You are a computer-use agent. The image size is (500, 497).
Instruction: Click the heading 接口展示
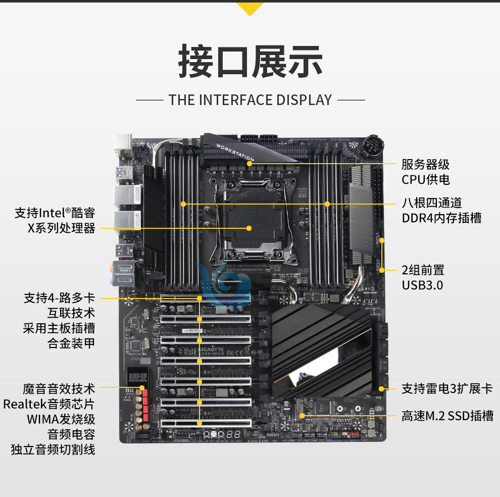(250, 62)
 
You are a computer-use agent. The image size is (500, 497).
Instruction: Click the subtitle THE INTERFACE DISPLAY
(250, 100)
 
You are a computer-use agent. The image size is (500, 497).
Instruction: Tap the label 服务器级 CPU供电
(425, 172)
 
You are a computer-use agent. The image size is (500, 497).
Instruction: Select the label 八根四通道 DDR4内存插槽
(441, 211)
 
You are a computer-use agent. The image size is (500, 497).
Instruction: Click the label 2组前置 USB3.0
(423, 277)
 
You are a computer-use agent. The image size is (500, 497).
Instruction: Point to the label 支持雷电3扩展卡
(446, 388)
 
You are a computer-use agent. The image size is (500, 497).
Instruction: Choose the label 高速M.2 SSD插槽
(447, 416)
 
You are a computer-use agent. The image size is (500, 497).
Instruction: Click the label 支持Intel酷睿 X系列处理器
(55, 221)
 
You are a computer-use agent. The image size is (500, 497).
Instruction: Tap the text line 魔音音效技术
(59, 388)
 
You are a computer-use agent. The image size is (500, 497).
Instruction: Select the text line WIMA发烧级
(61, 419)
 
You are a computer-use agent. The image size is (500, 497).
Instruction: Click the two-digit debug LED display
(234, 434)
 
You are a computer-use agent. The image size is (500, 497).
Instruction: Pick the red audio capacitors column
(145, 405)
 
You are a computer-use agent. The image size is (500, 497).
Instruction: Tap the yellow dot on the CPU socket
(249, 228)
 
